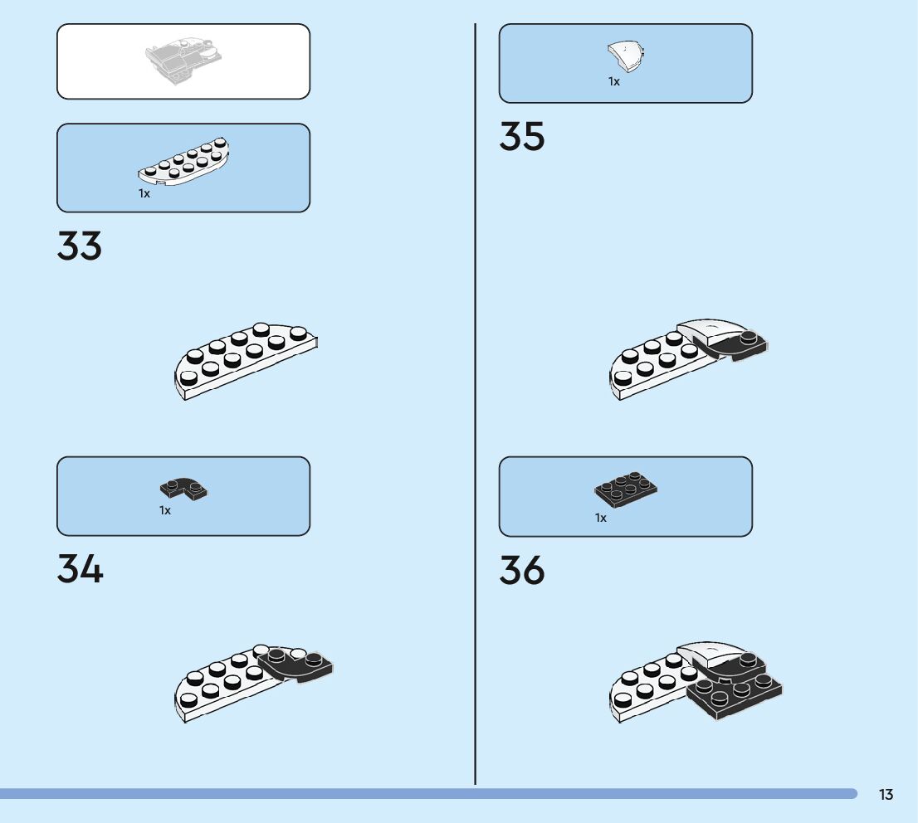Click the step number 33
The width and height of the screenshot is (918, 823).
point(80,246)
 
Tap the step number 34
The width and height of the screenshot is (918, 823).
point(80,569)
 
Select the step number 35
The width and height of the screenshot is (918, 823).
point(522,137)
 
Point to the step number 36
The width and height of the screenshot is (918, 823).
point(522,571)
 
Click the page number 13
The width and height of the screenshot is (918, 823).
point(886,795)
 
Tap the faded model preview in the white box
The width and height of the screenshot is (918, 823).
point(183,61)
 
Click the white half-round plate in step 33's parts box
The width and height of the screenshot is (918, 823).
point(183,161)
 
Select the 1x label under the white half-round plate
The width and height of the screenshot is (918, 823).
point(144,193)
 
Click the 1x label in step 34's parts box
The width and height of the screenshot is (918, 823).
point(165,510)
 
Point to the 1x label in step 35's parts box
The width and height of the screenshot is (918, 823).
point(614,81)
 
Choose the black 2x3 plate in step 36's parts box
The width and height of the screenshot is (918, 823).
point(627,489)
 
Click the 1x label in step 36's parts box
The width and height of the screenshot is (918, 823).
point(601,518)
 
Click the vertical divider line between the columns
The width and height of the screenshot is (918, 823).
point(475,415)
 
